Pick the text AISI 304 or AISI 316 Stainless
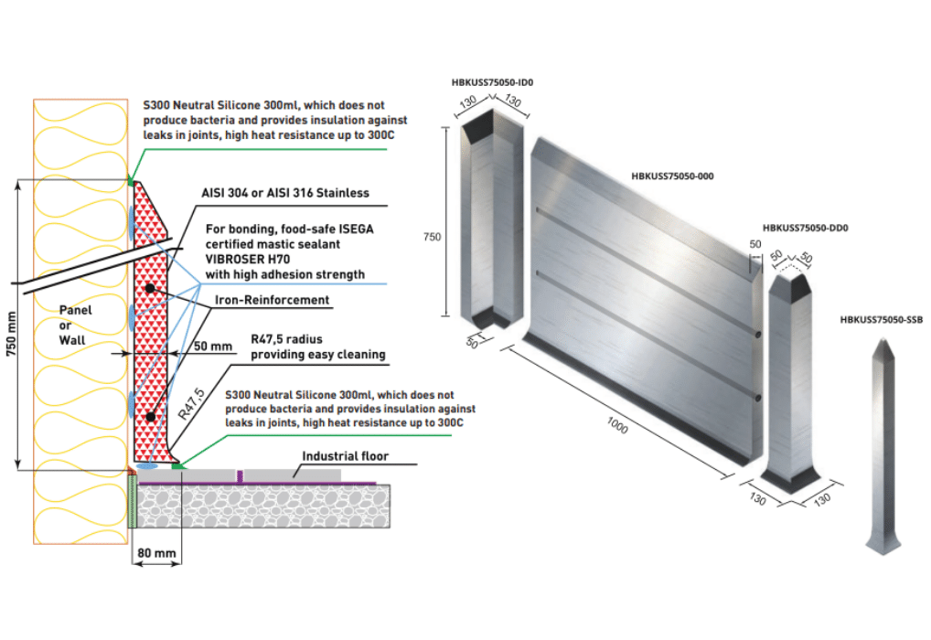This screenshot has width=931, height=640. [284, 193]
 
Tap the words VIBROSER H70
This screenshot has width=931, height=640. [241, 259]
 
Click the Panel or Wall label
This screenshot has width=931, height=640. [77, 324]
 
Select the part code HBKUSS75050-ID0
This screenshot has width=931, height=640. [492, 82]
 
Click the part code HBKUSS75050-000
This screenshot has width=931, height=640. [671, 176]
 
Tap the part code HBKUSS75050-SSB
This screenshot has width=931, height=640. [882, 319]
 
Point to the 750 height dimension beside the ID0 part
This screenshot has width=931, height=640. [433, 237]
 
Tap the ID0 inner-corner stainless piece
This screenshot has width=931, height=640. [492, 229]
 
